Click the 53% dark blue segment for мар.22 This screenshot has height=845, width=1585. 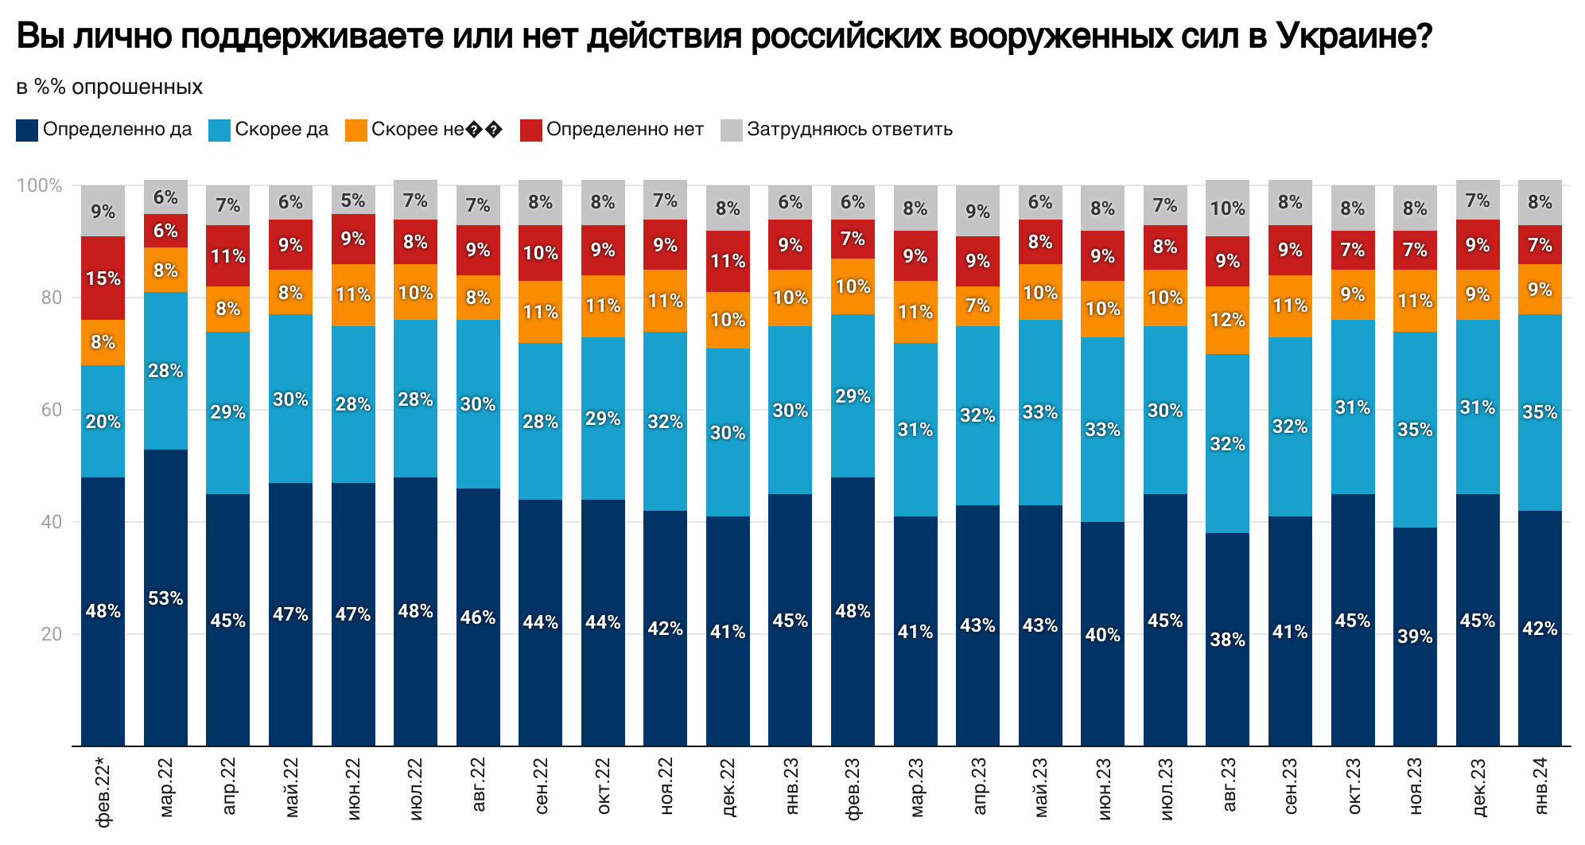[x=165, y=598]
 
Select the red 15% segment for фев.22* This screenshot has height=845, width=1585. [x=103, y=278]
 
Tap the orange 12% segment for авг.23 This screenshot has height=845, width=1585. [x=1227, y=320]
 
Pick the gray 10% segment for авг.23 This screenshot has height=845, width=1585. [x=1227, y=208]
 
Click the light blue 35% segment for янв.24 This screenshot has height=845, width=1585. [x=1540, y=412]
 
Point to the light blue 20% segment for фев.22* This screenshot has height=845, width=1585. [x=103, y=422]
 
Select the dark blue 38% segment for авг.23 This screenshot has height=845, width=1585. [x=1227, y=639]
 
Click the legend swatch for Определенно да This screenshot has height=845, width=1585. [x=27, y=130]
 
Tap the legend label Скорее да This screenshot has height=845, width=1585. [x=282, y=130]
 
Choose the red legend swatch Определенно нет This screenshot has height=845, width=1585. [x=530, y=130]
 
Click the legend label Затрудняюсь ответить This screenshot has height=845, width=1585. [x=849, y=130]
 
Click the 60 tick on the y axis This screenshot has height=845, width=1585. [x=51, y=411]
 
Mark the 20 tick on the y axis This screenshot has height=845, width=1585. [x=51, y=635]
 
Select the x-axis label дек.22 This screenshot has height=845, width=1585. [x=728, y=788]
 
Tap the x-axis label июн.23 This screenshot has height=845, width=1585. [x=1103, y=788]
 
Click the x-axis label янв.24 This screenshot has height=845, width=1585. [x=1540, y=786]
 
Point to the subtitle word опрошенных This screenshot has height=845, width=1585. [x=137, y=87]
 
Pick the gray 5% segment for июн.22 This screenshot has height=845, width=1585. [x=353, y=200]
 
